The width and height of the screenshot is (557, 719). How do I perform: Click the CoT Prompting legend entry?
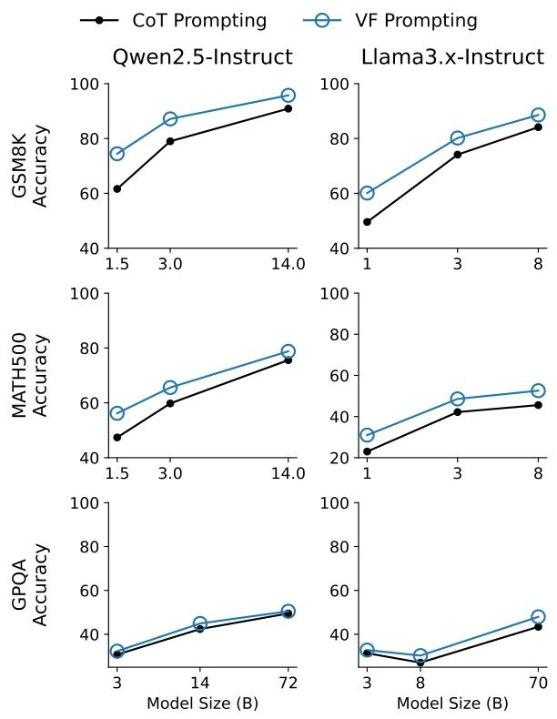173,20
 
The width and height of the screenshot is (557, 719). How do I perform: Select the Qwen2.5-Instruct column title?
202,57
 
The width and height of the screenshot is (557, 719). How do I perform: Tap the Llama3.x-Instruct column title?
452,57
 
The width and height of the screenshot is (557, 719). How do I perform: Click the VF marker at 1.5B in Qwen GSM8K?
116,154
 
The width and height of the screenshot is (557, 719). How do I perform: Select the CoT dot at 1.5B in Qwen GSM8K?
116,188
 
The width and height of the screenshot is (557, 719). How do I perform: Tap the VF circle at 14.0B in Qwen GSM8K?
288,96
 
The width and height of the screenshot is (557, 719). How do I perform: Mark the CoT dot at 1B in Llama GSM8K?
367,222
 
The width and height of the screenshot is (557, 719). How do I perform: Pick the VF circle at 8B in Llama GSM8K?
538,116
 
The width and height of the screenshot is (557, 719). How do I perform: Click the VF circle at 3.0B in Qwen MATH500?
170,388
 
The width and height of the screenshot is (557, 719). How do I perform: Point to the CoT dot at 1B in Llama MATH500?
367,451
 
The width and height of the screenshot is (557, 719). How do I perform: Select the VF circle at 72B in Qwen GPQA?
288,612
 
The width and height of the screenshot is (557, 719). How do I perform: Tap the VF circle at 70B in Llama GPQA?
538,617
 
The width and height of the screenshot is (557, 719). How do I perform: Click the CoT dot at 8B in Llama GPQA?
420,663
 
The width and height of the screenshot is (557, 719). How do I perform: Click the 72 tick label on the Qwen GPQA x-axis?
288,684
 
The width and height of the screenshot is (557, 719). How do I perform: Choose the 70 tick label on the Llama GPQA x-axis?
538,684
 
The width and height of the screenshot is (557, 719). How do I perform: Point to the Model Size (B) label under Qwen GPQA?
202,704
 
